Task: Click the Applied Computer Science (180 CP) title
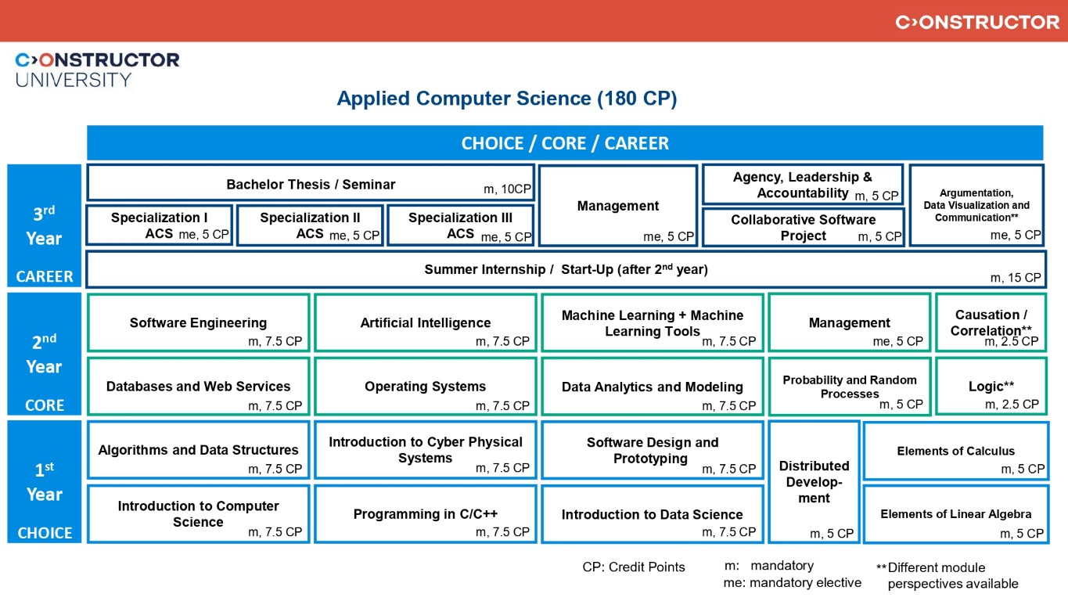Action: [x=506, y=99]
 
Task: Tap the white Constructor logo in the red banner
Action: [x=977, y=22]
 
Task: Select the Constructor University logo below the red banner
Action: [x=97, y=69]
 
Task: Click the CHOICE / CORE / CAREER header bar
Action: [x=565, y=143]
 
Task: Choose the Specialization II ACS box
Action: [x=310, y=225]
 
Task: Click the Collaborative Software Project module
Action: [x=803, y=227]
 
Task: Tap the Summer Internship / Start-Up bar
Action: [x=565, y=269]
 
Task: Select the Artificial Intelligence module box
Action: [x=425, y=322]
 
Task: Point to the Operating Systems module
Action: [x=425, y=386]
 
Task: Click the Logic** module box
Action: [x=991, y=386]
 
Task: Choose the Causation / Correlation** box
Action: [x=991, y=322]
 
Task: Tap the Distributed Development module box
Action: [x=814, y=481]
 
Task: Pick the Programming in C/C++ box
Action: [x=425, y=514]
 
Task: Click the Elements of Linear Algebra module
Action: [x=955, y=514]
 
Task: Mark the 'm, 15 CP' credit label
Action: [x=1016, y=278]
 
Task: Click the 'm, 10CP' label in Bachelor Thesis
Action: [x=507, y=189]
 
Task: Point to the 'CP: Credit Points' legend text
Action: [x=633, y=567]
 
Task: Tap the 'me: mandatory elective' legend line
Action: [x=792, y=582]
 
